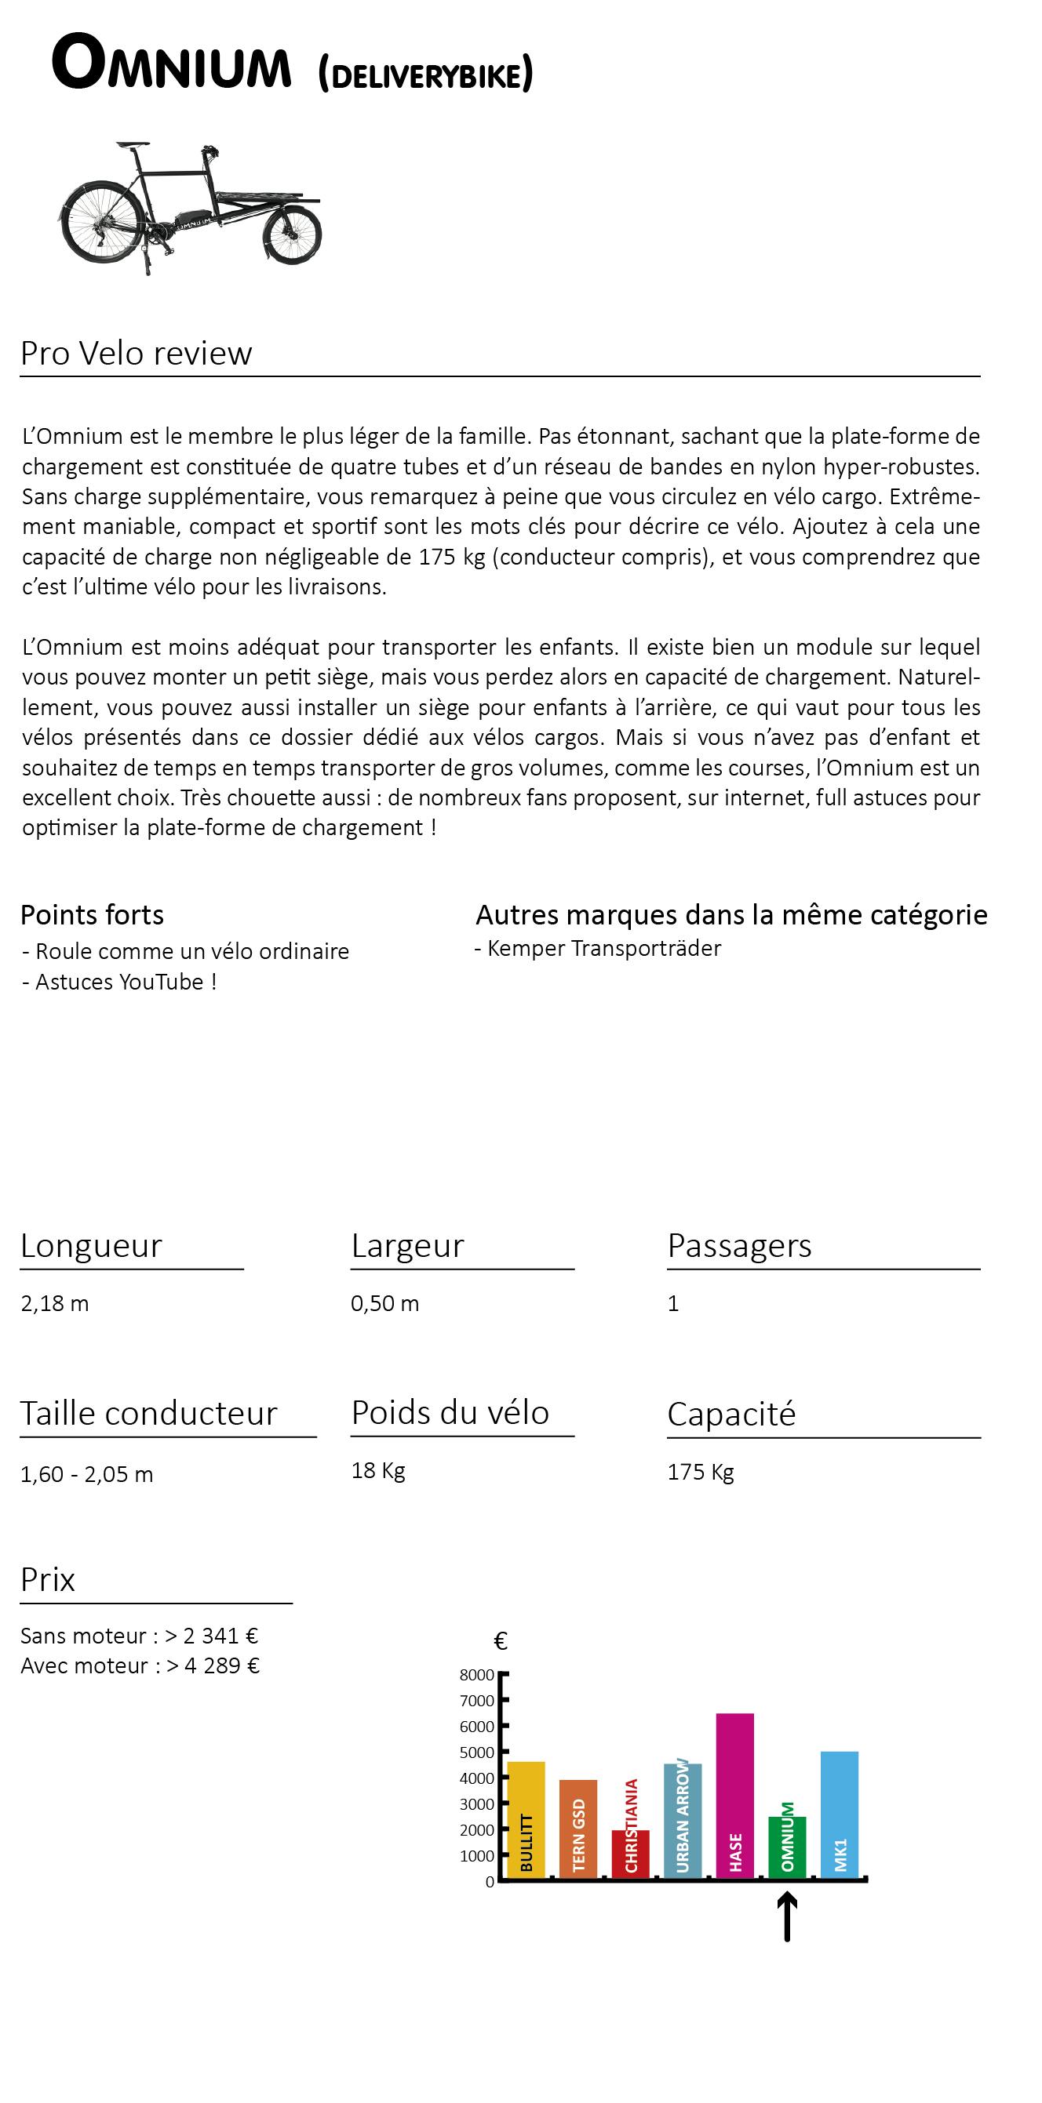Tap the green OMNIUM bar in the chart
787,1847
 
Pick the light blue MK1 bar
839,1814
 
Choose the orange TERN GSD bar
578,1829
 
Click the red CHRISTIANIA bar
630,1853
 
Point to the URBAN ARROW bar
682,1821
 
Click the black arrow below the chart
786,1917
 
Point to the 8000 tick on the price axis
477,1675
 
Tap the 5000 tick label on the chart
477,1752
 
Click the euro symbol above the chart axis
501,1641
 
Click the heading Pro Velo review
137,354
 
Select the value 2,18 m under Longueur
55,1304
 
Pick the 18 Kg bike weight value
378,1470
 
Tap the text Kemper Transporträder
603,949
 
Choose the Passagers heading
739,1246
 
